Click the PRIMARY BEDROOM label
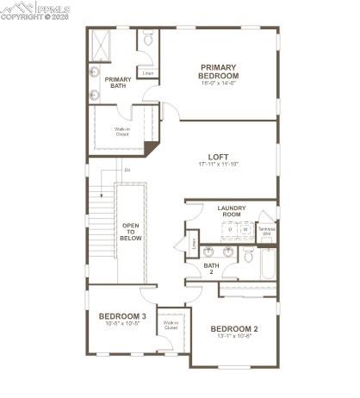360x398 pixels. [x=219, y=71]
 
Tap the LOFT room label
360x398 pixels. [x=218, y=157]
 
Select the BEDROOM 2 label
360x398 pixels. [x=234, y=328]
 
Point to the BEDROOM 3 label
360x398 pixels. [x=121, y=316]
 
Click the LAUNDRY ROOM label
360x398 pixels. [x=232, y=210]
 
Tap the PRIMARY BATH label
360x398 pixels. [x=118, y=84]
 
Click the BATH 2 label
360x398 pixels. [x=212, y=269]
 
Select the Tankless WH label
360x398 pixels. [x=267, y=232]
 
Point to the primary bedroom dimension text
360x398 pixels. [x=219, y=84]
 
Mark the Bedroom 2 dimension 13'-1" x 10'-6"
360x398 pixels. [x=234, y=337]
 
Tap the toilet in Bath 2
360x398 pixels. [x=249, y=255]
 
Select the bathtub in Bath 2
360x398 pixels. [x=268, y=264]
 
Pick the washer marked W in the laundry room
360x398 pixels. [x=245, y=230]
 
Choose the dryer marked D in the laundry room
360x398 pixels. [x=230, y=230]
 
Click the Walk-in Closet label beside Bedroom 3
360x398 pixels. [x=171, y=326]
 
